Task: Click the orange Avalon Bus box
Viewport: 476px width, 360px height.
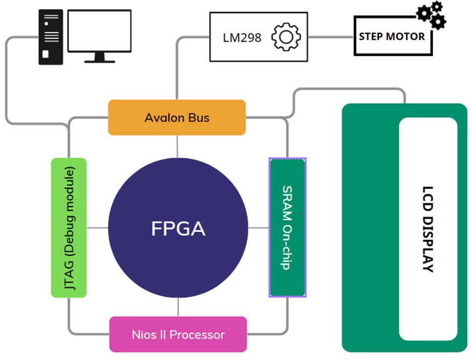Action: (177, 117)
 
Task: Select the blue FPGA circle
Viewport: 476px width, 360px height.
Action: (178, 228)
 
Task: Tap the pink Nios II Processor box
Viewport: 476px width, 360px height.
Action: (178, 334)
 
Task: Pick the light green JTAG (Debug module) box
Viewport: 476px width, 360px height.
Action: (69, 228)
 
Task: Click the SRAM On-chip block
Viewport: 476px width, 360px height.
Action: (287, 227)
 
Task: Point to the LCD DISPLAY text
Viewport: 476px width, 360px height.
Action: (428, 229)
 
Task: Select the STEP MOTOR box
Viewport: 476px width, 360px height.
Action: (392, 36)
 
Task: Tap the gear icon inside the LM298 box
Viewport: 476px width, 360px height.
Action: (286, 37)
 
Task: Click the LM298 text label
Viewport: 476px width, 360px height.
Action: (242, 38)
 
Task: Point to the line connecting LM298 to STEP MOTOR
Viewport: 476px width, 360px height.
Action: (331, 37)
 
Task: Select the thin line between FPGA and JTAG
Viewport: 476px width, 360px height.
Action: (97, 228)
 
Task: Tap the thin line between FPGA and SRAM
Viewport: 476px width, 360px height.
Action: (258, 228)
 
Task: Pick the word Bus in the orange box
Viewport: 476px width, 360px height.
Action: (199, 117)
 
